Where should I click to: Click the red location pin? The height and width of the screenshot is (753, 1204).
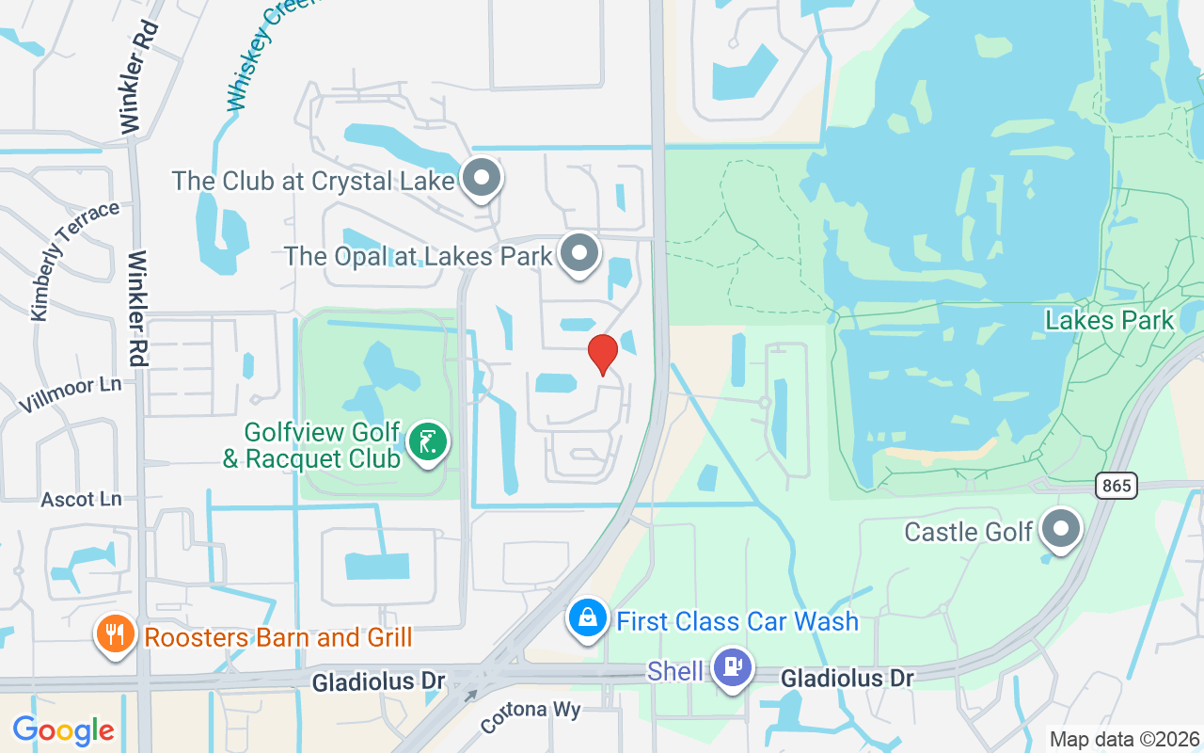tap(602, 354)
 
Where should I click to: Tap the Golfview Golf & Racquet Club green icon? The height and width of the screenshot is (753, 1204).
tap(428, 441)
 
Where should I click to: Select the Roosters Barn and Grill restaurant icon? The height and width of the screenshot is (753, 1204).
tap(116, 634)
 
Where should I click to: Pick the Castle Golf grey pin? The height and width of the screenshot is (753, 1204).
tap(1062, 529)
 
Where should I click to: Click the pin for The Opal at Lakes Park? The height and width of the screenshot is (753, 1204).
tap(579, 253)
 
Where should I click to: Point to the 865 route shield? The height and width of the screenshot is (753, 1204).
tap(1117, 486)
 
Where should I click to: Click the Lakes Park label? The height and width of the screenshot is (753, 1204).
tap(1110, 320)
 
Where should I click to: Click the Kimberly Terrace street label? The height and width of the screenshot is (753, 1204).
tap(73, 259)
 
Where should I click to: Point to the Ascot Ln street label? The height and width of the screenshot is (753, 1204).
tap(81, 499)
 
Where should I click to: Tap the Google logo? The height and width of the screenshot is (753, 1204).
tap(63, 729)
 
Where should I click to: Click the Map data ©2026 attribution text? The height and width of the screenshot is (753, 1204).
tap(1124, 739)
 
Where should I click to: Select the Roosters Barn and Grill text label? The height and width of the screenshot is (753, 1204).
tap(277, 637)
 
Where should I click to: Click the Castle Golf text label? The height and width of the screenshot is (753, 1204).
tap(969, 532)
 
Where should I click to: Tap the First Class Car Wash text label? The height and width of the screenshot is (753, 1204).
tap(737, 621)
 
